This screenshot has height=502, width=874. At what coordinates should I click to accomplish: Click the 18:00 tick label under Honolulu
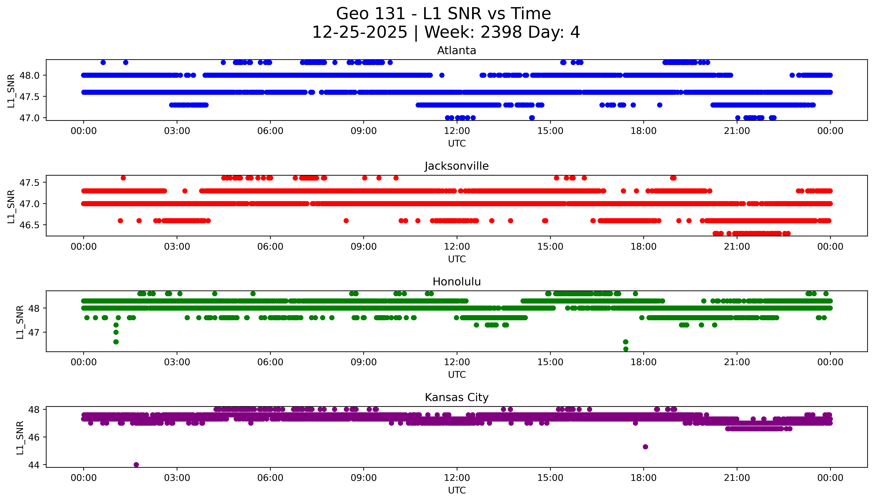(644, 362)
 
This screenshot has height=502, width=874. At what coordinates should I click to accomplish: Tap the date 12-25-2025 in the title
(360, 32)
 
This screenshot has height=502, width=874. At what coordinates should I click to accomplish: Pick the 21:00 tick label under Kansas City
(737, 478)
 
